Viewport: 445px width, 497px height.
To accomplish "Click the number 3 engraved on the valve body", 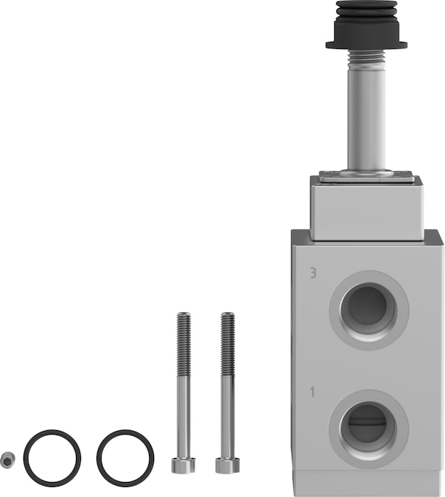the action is pyautogui.click(x=313, y=273).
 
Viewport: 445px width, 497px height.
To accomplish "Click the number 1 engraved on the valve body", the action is pyautogui.click(x=312, y=392).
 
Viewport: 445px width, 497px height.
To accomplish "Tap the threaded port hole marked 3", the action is pyautogui.click(x=368, y=310).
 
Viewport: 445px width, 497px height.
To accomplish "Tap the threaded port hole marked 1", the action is pyautogui.click(x=368, y=429).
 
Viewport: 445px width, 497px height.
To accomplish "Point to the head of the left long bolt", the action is pyautogui.click(x=183, y=466).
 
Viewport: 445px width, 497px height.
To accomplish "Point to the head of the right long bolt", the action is pyautogui.click(x=227, y=466).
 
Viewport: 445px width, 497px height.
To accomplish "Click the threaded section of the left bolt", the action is pyautogui.click(x=184, y=344).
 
